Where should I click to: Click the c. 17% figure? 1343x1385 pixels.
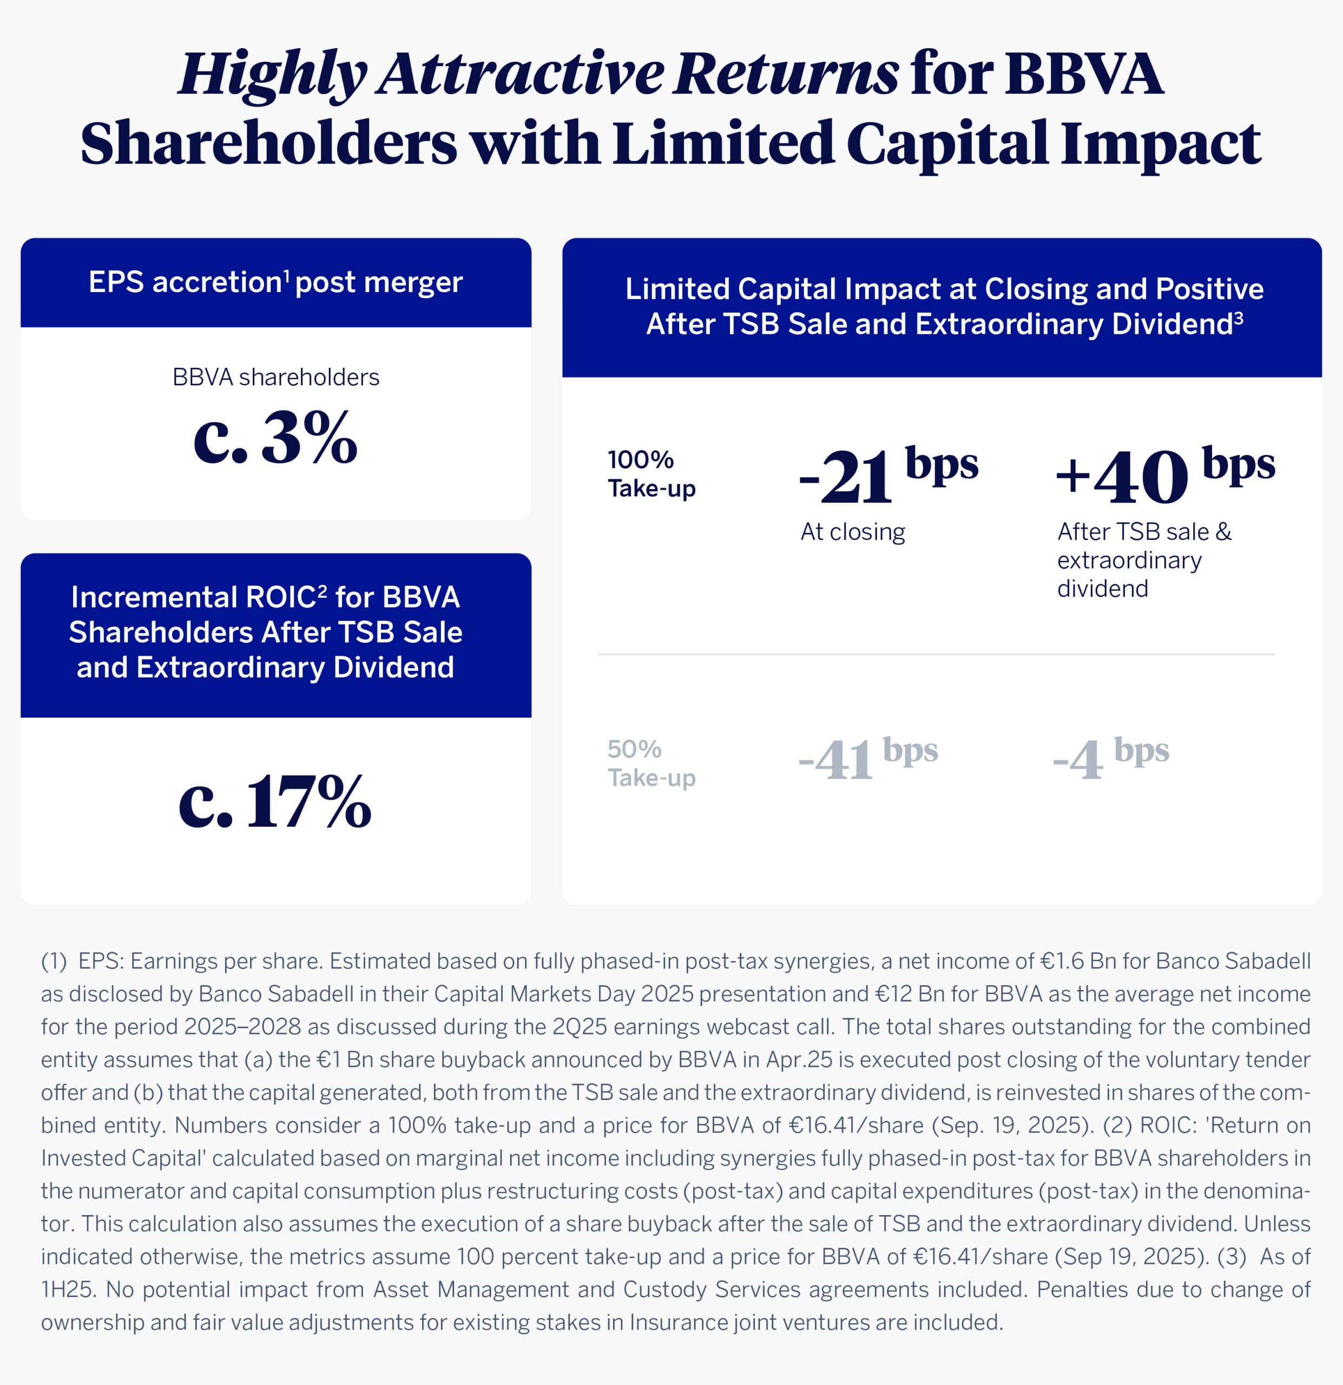click(275, 801)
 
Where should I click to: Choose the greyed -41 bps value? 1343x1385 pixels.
click(868, 758)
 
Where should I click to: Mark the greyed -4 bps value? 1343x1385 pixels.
click(1110, 758)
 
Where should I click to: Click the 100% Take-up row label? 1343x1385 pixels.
click(651, 473)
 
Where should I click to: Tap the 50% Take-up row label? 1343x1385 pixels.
click(651, 763)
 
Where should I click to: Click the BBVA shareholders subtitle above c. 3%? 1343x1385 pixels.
click(275, 377)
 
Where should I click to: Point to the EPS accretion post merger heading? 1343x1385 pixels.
click(275, 282)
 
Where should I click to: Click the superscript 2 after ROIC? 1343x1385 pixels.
click(322, 590)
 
